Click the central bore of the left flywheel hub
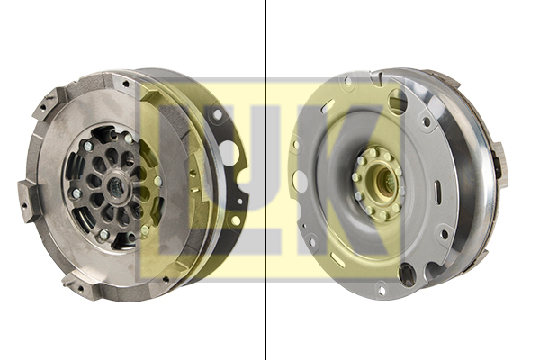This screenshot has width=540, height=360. (117, 187)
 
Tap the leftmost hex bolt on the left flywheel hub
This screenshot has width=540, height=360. (76, 193)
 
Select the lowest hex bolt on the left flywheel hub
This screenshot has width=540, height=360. (103, 235)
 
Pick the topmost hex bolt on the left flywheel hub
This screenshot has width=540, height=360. (128, 139)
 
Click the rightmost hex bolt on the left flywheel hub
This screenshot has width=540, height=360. (157, 181)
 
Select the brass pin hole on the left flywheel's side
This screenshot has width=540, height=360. (193, 172)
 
